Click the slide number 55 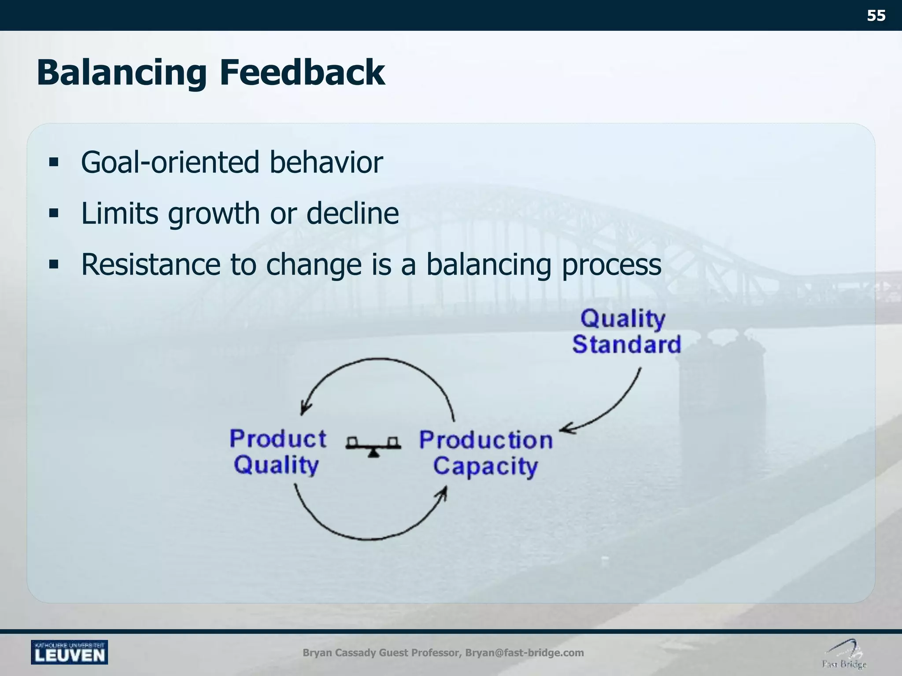[x=876, y=16]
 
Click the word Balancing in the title [x=122, y=73]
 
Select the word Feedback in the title [x=302, y=72]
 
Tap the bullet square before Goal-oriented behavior [x=54, y=163]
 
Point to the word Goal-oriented [x=170, y=162]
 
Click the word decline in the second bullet [x=352, y=213]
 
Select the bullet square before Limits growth [x=54, y=214]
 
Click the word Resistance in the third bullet [x=151, y=265]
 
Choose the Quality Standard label [x=626, y=331]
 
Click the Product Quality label [x=277, y=452]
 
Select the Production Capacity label [x=486, y=453]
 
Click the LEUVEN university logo [x=69, y=652]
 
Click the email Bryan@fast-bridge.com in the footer [x=525, y=653]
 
